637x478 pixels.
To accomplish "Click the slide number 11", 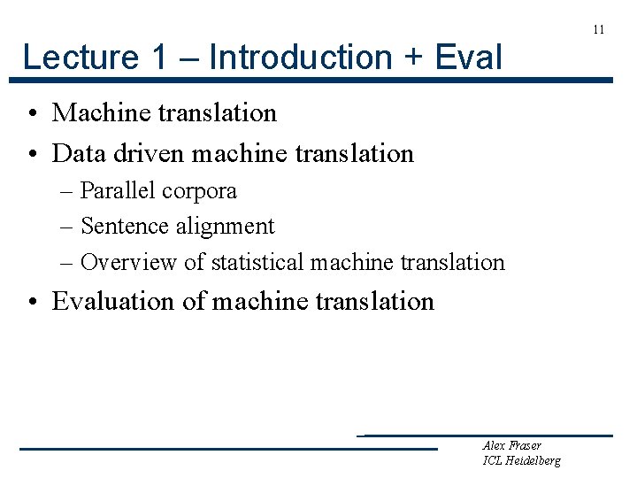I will [x=599, y=29].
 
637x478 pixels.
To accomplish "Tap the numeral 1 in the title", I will [x=159, y=58].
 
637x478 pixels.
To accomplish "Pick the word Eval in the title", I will [x=469, y=58].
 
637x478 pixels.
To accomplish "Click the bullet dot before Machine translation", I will [x=31, y=113].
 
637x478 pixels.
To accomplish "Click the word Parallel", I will [x=117, y=191].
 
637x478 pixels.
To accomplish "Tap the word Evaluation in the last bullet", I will [x=114, y=301].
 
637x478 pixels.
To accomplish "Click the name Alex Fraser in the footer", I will [x=512, y=445].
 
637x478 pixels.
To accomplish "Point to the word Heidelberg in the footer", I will [x=533, y=460].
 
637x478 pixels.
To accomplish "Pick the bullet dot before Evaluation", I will [x=31, y=302].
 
